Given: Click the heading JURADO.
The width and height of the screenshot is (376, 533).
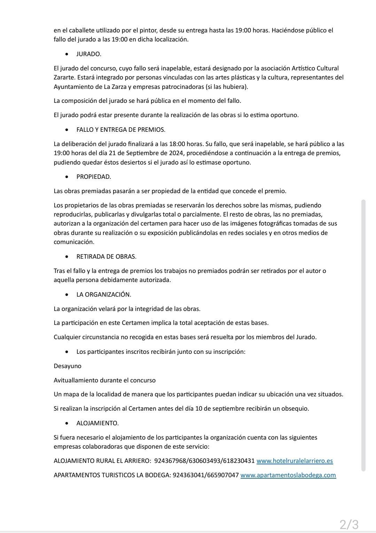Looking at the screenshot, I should click(89, 54).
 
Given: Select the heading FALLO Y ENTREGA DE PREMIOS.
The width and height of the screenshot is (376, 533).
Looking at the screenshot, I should click(121, 130).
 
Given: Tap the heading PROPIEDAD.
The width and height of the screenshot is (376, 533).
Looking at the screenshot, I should click(94, 177).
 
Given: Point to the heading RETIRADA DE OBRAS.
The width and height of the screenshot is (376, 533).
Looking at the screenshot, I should click(106, 257).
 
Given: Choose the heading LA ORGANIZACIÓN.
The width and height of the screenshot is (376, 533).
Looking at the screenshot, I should click(104, 295).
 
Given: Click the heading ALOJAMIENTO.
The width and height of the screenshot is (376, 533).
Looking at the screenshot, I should click(97, 423).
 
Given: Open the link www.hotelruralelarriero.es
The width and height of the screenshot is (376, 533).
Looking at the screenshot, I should click(295, 461).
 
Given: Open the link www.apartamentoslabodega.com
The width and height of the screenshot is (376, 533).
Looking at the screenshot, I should click(288, 475).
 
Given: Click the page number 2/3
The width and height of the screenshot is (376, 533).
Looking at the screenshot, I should click(349, 524).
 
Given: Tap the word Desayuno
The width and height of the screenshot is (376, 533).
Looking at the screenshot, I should click(68, 366).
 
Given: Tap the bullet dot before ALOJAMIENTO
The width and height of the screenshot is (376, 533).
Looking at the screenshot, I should click(67, 423).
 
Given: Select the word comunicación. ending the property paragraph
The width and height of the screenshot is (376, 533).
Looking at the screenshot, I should click(74, 242).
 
